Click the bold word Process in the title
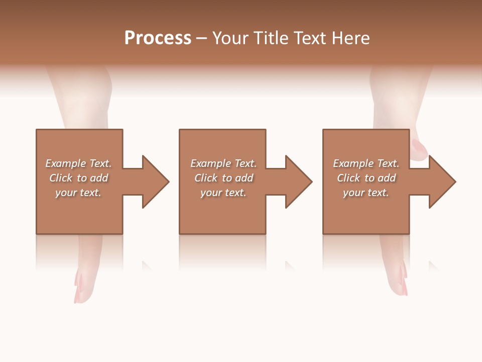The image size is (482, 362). coord(158,38)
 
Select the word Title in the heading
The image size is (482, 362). coord(274,38)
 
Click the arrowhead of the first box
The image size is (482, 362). coord(155,182)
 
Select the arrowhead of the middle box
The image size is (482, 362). coord(298,182)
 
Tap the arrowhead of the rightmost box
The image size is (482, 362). coord(442,182)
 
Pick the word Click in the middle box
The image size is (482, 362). coord(206,178)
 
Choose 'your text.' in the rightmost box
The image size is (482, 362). coord(366,193)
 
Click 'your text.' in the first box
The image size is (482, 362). coord(78,193)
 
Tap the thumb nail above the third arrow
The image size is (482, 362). coord(418,149)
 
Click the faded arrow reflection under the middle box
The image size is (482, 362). coord(290,265)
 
